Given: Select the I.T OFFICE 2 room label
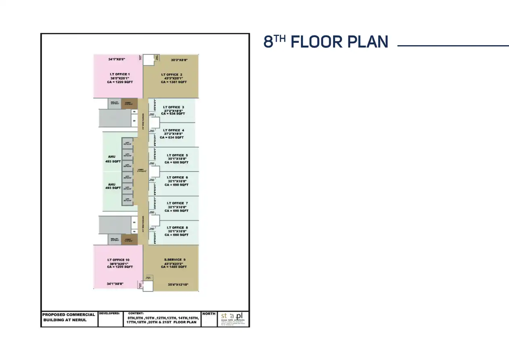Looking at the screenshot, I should pyautogui.click(x=172, y=75).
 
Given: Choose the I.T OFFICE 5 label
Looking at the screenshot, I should pyautogui.click(x=177, y=155).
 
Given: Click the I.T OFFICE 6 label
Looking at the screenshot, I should pyautogui.click(x=177, y=178).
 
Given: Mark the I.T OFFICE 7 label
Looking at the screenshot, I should pyautogui.click(x=177, y=203).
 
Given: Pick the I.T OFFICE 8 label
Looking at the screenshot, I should pyautogui.click(x=177, y=228).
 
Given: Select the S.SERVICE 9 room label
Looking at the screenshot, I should pyautogui.click(x=175, y=260).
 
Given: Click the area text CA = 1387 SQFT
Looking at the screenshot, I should pyautogui.click(x=174, y=82).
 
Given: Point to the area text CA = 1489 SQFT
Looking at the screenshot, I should pyautogui.click(x=174, y=267).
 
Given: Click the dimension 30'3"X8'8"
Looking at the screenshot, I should pyautogui.click(x=179, y=60).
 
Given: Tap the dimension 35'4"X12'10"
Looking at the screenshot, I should pyautogui.click(x=178, y=285).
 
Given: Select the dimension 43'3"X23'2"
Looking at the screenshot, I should pyautogui.click(x=174, y=264).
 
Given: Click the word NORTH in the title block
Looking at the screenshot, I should pyautogui.click(x=209, y=314).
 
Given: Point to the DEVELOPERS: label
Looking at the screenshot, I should pyautogui.click(x=109, y=313).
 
